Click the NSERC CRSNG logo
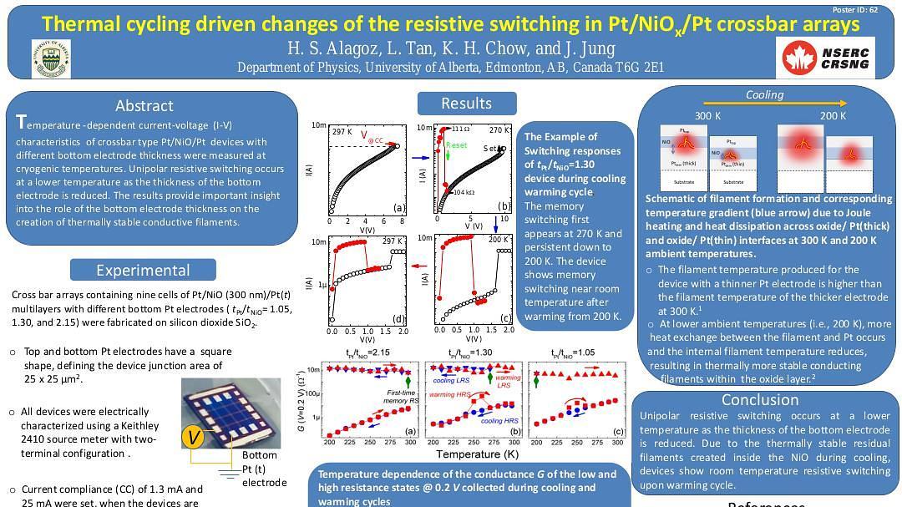(x=825, y=56)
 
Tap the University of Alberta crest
(x=51, y=58)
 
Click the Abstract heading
(x=144, y=105)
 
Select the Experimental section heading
(x=143, y=270)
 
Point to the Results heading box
(x=466, y=103)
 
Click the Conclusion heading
(x=760, y=399)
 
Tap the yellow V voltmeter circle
(x=194, y=438)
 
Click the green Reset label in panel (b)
(x=457, y=145)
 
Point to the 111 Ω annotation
(x=460, y=129)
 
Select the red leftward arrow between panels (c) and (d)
(x=419, y=266)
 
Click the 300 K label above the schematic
(x=707, y=115)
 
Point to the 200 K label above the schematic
(x=833, y=115)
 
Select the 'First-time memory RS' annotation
(x=401, y=397)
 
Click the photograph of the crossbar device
(x=231, y=413)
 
